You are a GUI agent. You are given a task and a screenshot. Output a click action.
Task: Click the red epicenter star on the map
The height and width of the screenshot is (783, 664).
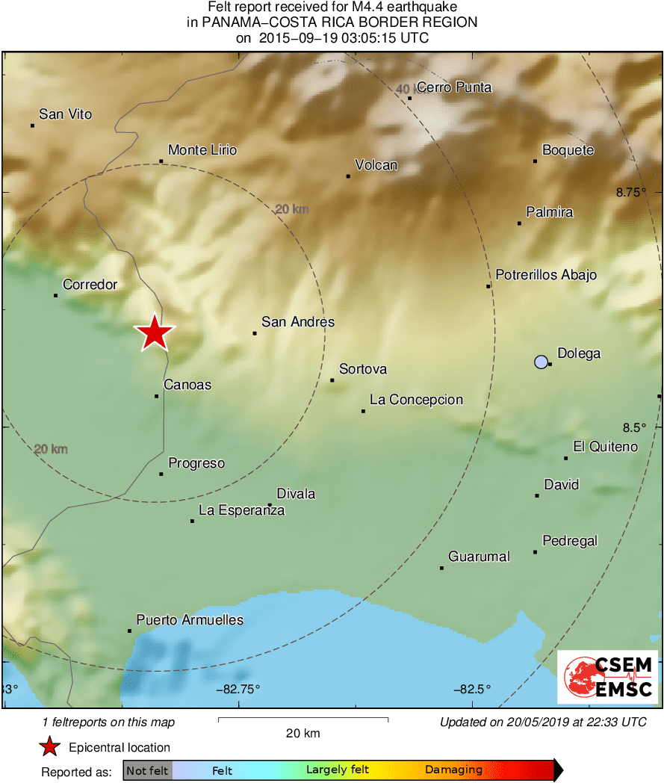click(154, 332)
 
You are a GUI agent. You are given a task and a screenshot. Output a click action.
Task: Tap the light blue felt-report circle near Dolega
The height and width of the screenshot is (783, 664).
click(542, 362)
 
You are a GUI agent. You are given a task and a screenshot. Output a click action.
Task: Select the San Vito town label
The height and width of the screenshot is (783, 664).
click(66, 114)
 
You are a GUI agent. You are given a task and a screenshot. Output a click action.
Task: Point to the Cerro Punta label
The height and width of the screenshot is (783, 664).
click(454, 87)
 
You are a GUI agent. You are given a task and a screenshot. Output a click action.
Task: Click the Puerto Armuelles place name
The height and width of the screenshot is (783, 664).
click(190, 620)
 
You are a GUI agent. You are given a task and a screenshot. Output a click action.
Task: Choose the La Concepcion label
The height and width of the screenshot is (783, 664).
click(416, 400)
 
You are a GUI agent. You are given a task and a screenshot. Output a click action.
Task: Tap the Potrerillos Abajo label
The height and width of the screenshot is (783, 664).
click(546, 275)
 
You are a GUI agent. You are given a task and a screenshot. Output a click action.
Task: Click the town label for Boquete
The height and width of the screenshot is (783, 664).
click(568, 150)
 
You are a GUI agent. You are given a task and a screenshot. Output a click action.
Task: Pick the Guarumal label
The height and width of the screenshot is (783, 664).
click(479, 557)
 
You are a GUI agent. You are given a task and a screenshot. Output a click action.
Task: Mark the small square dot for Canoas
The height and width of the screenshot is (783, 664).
click(157, 396)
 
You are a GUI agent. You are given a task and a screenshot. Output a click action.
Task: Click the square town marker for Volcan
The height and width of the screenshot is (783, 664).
click(348, 176)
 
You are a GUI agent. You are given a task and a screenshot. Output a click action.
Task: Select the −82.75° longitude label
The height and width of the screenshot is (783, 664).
click(238, 689)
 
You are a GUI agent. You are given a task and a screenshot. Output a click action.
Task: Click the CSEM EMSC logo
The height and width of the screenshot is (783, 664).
click(608, 678)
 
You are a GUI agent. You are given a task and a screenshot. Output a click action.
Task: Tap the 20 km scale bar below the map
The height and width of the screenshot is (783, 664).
click(302, 720)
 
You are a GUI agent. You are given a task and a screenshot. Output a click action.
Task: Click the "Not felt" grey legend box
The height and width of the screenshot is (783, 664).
click(147, 770)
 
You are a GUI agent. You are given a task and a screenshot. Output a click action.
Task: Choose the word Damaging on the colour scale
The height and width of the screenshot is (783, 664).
click(453, 770)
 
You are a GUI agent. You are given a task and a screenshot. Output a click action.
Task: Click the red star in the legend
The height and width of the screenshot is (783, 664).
click(50, 747)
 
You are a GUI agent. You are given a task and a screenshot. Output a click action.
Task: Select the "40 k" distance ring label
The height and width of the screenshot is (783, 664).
click(404, 90)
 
